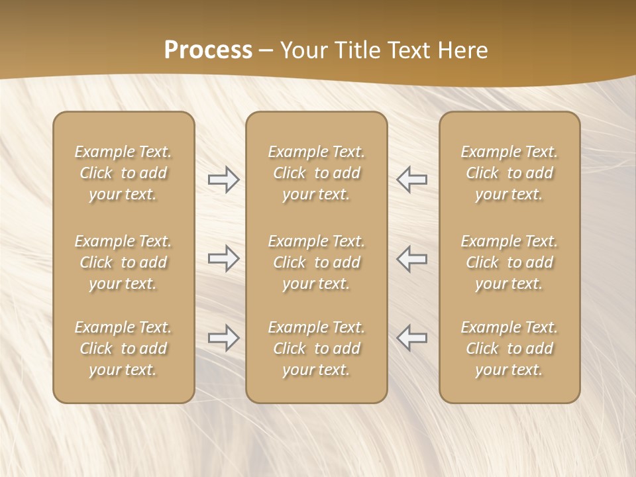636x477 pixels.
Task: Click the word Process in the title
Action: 208,50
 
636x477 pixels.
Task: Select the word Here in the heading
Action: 462,50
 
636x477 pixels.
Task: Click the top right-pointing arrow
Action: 223,180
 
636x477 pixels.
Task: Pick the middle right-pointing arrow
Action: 223,258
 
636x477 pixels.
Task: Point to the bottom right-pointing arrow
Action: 223,338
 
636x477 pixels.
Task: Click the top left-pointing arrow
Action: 412,180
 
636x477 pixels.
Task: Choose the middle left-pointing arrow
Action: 412,258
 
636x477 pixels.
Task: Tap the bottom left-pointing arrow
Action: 412,338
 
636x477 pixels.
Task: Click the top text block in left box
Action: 123,173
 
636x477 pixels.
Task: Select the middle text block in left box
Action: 123,262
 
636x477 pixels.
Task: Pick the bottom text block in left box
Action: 123,348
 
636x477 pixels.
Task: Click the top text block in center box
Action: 317,173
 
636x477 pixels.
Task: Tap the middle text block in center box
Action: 317,262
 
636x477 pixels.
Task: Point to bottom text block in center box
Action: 317,348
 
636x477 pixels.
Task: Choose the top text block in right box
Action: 509,173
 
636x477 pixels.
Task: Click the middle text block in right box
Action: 509,262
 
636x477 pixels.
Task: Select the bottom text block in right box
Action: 509,348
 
